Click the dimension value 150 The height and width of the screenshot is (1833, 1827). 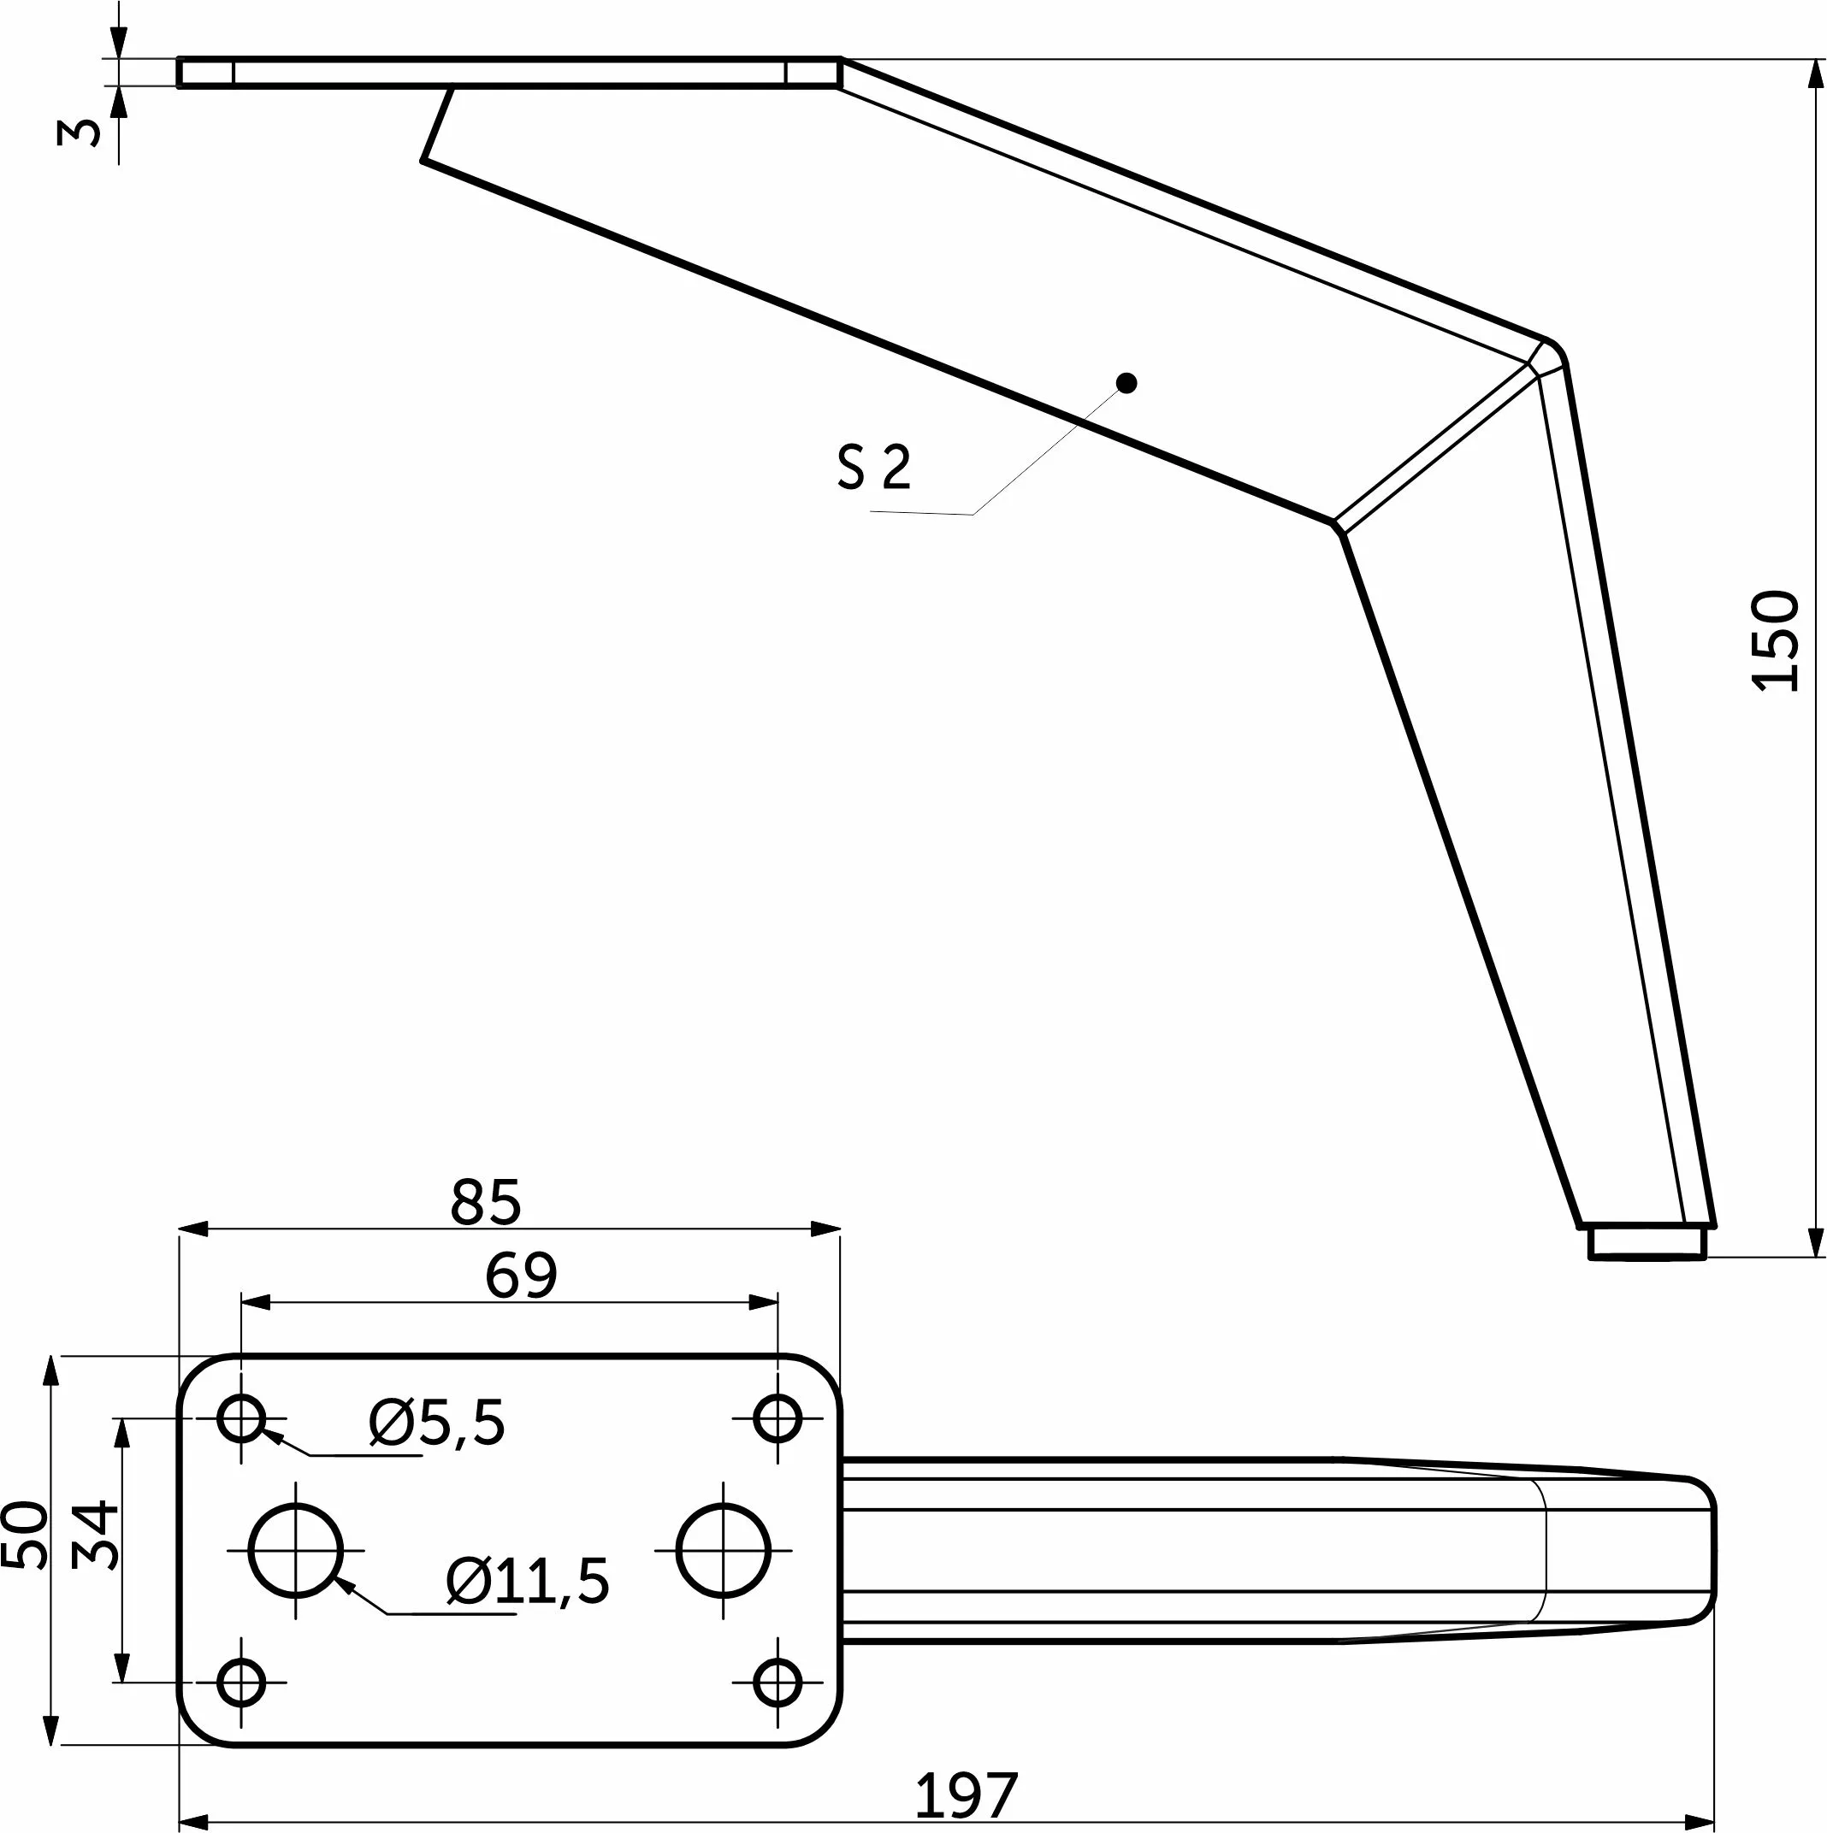(x=1776, y=640)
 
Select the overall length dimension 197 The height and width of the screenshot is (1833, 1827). (x=967, y=1795)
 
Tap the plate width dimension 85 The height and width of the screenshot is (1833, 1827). (x=485, y=1203)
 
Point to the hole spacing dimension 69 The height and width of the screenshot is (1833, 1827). (x=520, y=1276)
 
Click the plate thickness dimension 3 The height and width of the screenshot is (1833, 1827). (x=78, y=132)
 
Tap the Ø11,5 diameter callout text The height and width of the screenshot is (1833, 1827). (x=528, y=1582)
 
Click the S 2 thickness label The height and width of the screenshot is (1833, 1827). (x=874, y=467)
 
